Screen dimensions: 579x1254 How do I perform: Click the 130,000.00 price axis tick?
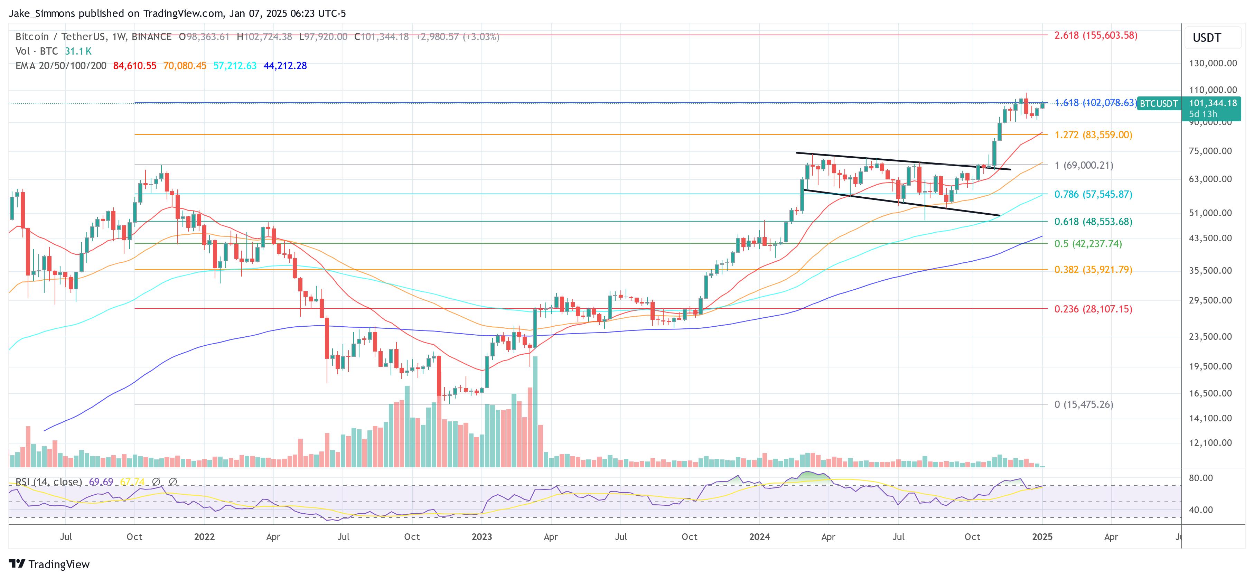coord(1212,63)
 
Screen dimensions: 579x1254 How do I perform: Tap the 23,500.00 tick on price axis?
coord(1210,336)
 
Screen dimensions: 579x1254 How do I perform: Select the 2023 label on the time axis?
coord(481,536)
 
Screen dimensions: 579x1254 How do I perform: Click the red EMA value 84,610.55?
coord(134,66)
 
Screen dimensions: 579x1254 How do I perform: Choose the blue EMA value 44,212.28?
coord(285,66)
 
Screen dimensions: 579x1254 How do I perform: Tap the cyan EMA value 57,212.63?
coord(235,66)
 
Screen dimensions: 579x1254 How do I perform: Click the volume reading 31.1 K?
coord(78,51)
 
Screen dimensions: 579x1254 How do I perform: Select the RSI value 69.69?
coord(101,482)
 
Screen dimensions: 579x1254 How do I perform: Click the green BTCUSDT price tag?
coord(1159,104)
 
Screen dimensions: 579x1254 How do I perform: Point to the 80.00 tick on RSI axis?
coord(1200,478)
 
